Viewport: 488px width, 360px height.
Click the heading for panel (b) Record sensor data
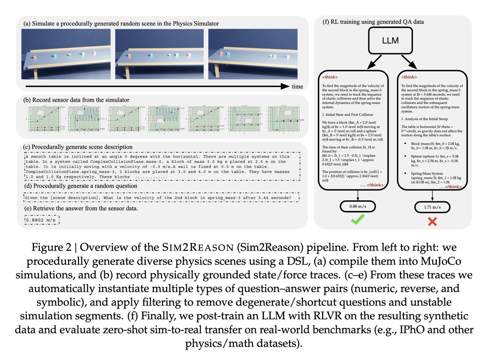coord(77,100)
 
